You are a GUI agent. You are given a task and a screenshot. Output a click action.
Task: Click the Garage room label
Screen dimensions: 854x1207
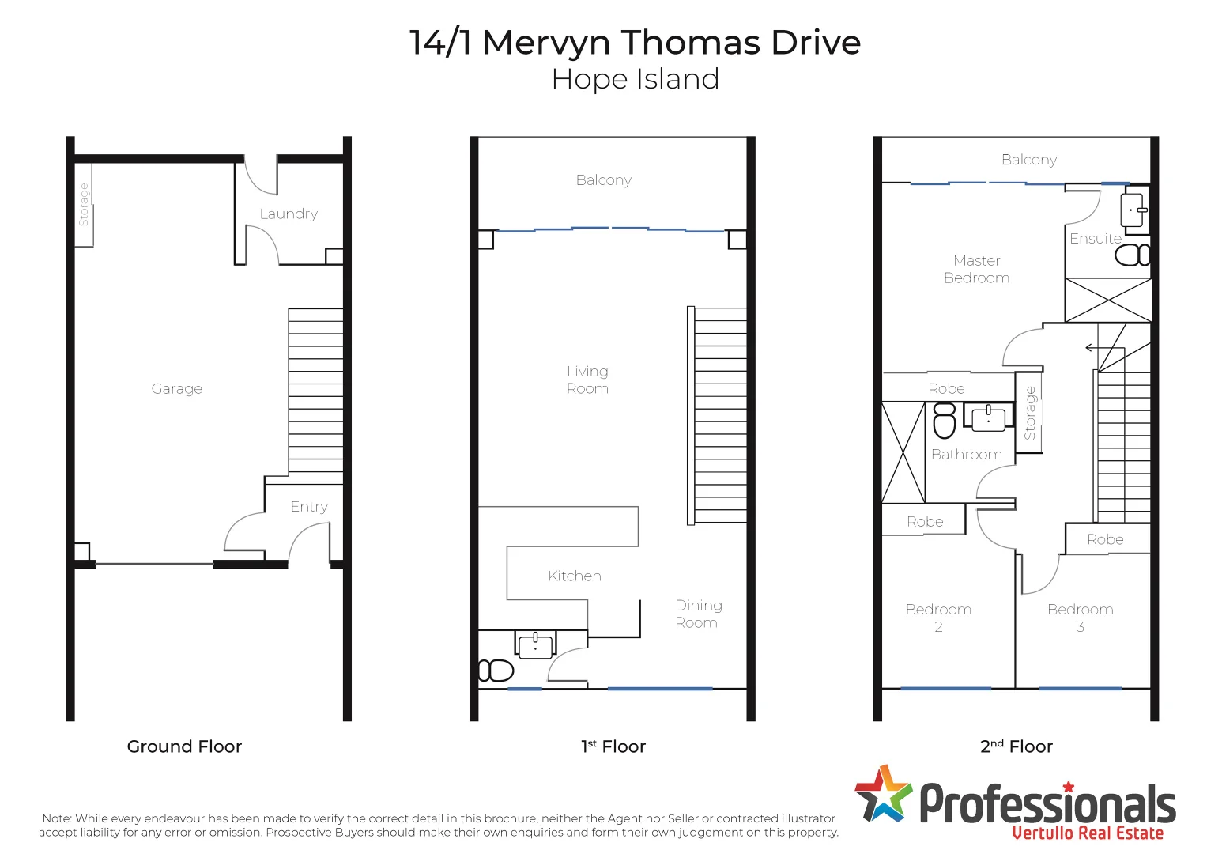point(176,388)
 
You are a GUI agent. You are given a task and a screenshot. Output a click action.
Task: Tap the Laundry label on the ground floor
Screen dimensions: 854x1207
point(289,213)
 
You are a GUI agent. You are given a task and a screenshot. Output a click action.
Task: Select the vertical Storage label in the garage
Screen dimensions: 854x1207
point(84,205)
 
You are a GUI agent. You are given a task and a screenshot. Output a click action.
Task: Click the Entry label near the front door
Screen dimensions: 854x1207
point(308,506)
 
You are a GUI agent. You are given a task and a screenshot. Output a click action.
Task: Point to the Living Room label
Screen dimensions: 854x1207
point(587,380)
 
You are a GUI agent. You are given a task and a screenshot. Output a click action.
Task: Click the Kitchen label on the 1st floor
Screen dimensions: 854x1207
point(574,576)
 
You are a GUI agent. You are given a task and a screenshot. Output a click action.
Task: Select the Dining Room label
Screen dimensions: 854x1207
point(698,614)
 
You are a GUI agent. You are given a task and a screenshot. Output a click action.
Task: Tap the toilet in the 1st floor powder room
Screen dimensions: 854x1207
point(496,671)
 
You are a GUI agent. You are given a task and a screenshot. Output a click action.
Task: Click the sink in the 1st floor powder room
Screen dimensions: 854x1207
point(535,645)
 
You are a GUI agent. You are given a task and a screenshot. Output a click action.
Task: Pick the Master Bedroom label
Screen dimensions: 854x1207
point(976,269)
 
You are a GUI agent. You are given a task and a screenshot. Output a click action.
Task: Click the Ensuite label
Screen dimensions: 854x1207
point(1095,238)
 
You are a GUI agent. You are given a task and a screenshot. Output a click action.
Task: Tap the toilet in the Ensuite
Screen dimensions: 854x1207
point(1131,255)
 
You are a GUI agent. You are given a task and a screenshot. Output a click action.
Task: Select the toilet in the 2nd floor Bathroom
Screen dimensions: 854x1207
point(945,421)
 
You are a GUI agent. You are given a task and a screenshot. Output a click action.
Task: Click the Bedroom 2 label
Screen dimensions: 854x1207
point(938,618)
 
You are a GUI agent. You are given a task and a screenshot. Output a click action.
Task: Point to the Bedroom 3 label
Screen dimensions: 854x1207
point(1080,618)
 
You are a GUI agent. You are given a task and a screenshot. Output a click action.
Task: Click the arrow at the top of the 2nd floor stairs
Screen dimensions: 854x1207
point(1092,348)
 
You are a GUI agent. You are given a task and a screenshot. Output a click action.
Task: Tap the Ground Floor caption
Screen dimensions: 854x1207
point(184,746)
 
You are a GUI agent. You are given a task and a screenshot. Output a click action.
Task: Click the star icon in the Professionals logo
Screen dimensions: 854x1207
point(883,793)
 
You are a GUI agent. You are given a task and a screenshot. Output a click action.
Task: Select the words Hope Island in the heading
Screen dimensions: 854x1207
point(635,79)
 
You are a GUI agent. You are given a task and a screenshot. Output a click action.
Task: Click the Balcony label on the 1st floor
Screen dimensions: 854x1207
point(603,179)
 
